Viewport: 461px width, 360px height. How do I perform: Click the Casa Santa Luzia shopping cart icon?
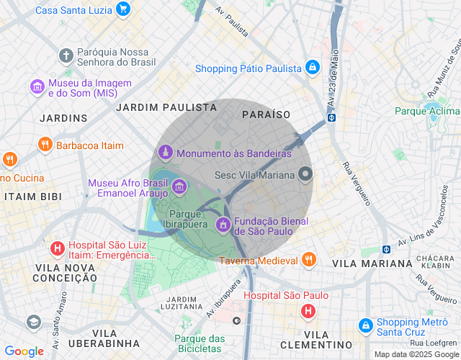coord(123,9)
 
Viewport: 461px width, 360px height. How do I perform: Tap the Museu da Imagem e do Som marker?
coord(37,86)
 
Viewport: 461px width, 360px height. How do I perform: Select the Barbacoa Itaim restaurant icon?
coord(45,145)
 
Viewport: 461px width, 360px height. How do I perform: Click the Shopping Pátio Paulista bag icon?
coord(312,68)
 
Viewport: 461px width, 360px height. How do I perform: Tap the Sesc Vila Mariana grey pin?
coord(306,174)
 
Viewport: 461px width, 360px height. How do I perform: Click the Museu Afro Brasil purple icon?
coord(179,188)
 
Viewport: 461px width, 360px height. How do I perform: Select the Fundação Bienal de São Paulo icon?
coord(223,225)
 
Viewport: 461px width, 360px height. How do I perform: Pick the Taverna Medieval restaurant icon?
coord(309,259)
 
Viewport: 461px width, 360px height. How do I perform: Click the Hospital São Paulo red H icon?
coord(308,311)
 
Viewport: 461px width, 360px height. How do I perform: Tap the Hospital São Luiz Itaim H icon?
coord(57,248)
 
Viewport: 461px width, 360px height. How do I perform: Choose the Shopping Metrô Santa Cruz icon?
coord(365,326)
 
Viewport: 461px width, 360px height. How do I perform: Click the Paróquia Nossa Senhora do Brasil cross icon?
coord(66,55)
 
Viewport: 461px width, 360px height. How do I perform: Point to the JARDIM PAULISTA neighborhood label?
coord(166,107)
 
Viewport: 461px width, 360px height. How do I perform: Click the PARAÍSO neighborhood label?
coord(266,114)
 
